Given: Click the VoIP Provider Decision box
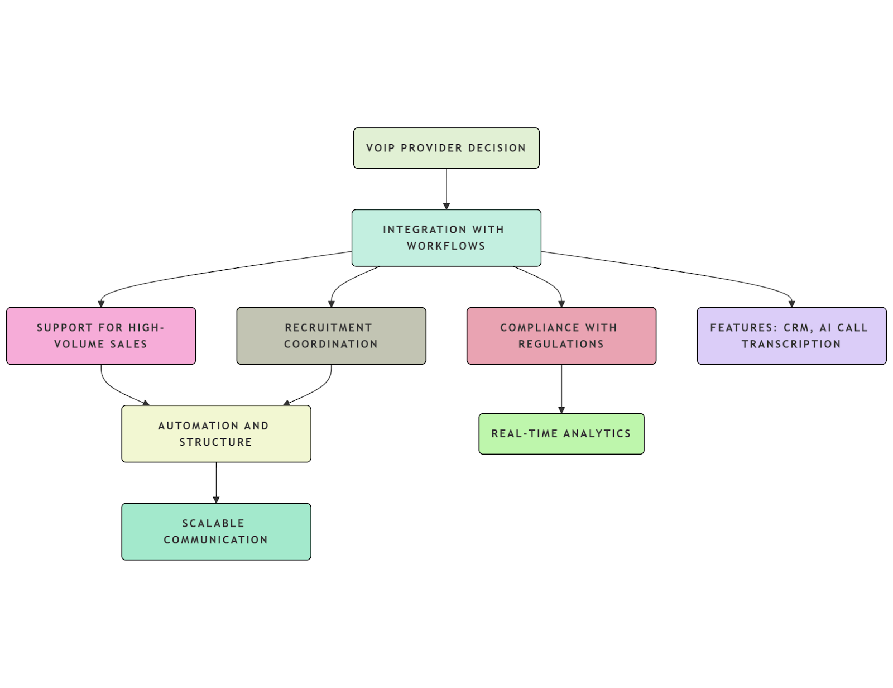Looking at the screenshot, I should (446, 148).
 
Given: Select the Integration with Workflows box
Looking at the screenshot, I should (446, 238).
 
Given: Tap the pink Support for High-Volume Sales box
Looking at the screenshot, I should (101, 336).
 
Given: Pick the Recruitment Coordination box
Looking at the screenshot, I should (331, 336).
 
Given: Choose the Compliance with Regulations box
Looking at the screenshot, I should (561, 336).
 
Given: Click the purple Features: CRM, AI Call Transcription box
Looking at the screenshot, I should (791, 336).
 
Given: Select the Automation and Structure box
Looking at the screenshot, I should (216, 434).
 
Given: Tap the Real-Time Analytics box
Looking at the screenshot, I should (561, 434).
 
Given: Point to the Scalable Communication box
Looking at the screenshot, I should (216, 532).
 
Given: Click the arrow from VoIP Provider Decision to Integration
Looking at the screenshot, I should (446, 189).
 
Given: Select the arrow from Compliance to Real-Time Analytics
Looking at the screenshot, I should (561, 389).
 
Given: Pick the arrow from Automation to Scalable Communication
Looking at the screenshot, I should (216, 482).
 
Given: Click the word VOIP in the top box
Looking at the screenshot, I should (380, 148).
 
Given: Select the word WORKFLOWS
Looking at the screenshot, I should (446, 246).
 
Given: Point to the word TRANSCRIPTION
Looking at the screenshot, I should (791, 345).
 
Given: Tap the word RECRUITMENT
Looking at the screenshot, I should (328, 328).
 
